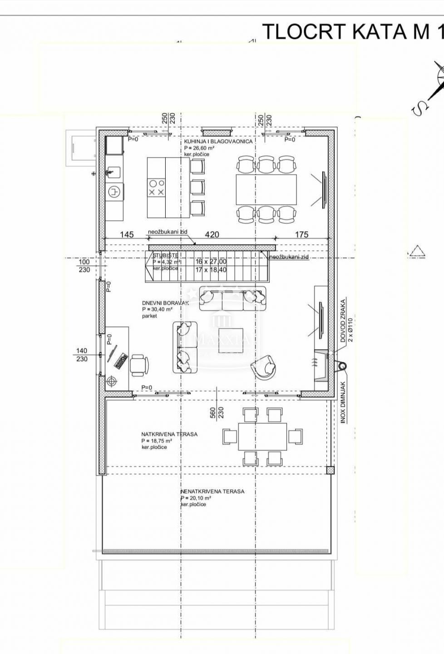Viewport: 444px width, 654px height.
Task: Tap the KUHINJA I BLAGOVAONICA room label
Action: (x=218, y=141)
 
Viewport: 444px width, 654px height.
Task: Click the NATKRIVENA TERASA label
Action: (x=169, y=434)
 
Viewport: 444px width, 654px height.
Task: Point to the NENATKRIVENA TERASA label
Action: (x=212, y=491)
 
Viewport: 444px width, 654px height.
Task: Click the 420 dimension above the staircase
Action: (x=212, y=234)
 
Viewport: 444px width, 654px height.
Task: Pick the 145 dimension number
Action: (x=127, y=234)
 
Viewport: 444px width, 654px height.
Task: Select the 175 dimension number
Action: (x=302, y=234)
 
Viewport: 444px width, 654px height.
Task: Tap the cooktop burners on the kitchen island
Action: (x=156, y=188)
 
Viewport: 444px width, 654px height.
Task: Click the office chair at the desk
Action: (x=139, y=365)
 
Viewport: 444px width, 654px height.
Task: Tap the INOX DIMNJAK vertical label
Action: (x=344, y=402)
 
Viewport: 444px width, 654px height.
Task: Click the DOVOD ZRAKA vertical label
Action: (x=344, y=320)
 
